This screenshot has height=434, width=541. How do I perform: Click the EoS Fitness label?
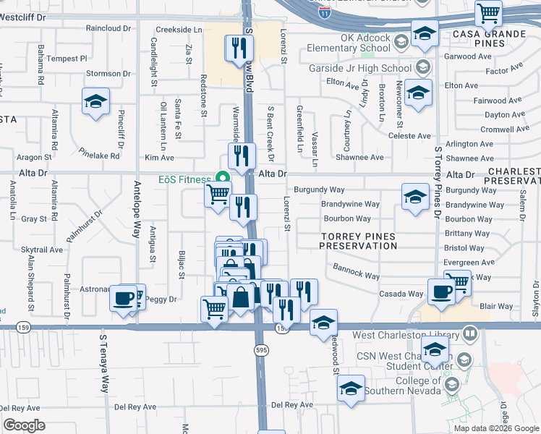[x=184, y=179]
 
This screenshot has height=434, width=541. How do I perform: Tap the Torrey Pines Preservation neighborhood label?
[x=359, y=241]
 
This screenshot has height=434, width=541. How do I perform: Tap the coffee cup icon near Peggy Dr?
[x=123, y=297]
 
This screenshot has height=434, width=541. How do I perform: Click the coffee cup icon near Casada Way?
[x=440, y=292]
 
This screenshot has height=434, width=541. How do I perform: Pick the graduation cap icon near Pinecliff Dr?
[x=95, y=102]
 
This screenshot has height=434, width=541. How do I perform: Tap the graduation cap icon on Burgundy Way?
[x=415, y=197]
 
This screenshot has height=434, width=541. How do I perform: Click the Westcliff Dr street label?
[x=23, y=16]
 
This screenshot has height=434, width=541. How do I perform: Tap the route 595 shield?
[x=261, y=350]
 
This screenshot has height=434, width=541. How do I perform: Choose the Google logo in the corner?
[x=24, y=425]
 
